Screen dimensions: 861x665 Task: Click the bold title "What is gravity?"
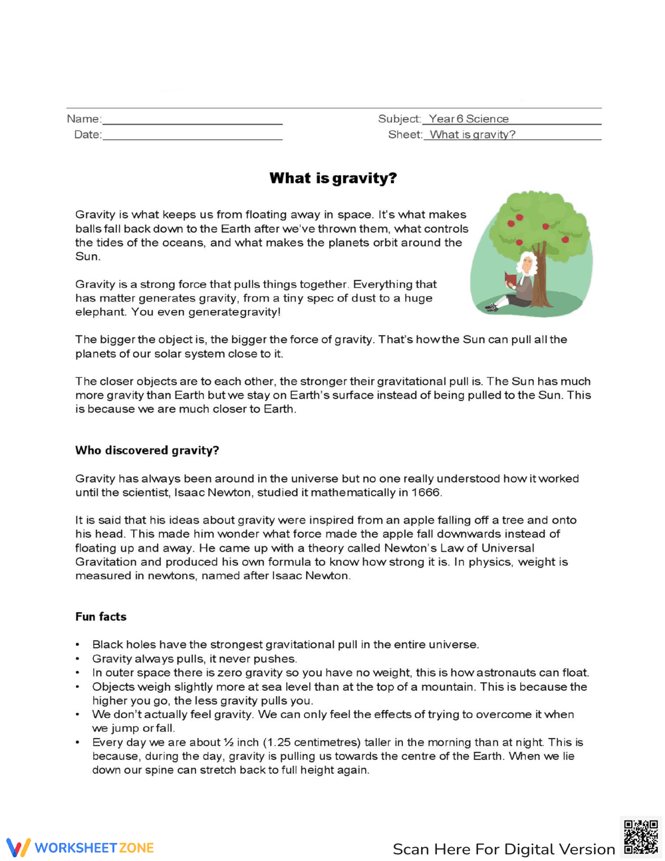click(x=332, y=178)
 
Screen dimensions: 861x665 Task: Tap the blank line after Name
click(x=192, y=120)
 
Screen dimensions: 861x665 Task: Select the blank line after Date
click(x=192, y=136)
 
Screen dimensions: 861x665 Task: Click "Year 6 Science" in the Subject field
click(x=468, y=119)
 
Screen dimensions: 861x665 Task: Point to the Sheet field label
click(x=404, y=134)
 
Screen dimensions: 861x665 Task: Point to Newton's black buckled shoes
click(x=491, y=307)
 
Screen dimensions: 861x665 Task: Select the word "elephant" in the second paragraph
click(x=100, y=312)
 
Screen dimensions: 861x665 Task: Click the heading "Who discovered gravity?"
click(x=147, y=450)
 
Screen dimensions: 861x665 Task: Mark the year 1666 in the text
click(x=426, y=492)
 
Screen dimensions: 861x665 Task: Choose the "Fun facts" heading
click(x=100, y=617)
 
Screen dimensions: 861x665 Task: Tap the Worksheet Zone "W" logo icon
click(x=18, y=848)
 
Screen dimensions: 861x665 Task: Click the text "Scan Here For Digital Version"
click(x=503, y=849)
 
